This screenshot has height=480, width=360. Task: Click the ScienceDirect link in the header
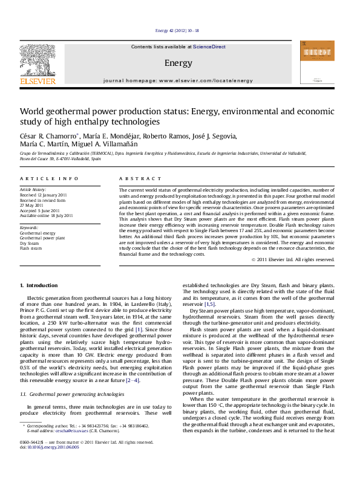click(x=209, y=47)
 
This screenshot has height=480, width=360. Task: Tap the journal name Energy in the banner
click(x=178, y=63)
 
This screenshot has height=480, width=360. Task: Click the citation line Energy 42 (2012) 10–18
click(x=177, y=30)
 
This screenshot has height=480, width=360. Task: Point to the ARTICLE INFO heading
click(x=48, y=179)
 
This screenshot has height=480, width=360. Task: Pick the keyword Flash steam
click(x=31, y=248)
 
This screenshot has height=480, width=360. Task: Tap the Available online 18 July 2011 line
click(x=46, y=215)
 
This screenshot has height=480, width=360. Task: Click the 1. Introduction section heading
click(x=39, y=285)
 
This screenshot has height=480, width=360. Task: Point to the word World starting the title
click(x=33, y=111)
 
